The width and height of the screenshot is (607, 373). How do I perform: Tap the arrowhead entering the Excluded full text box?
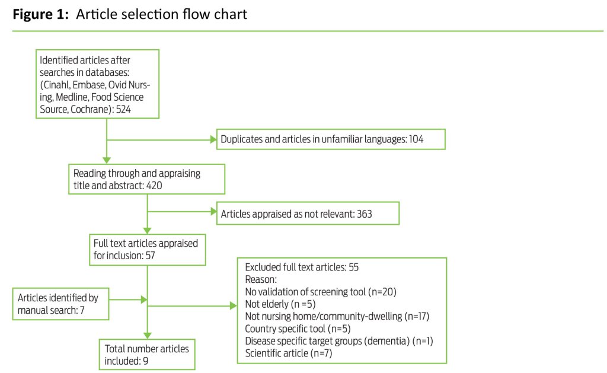[x=232, y=307]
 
